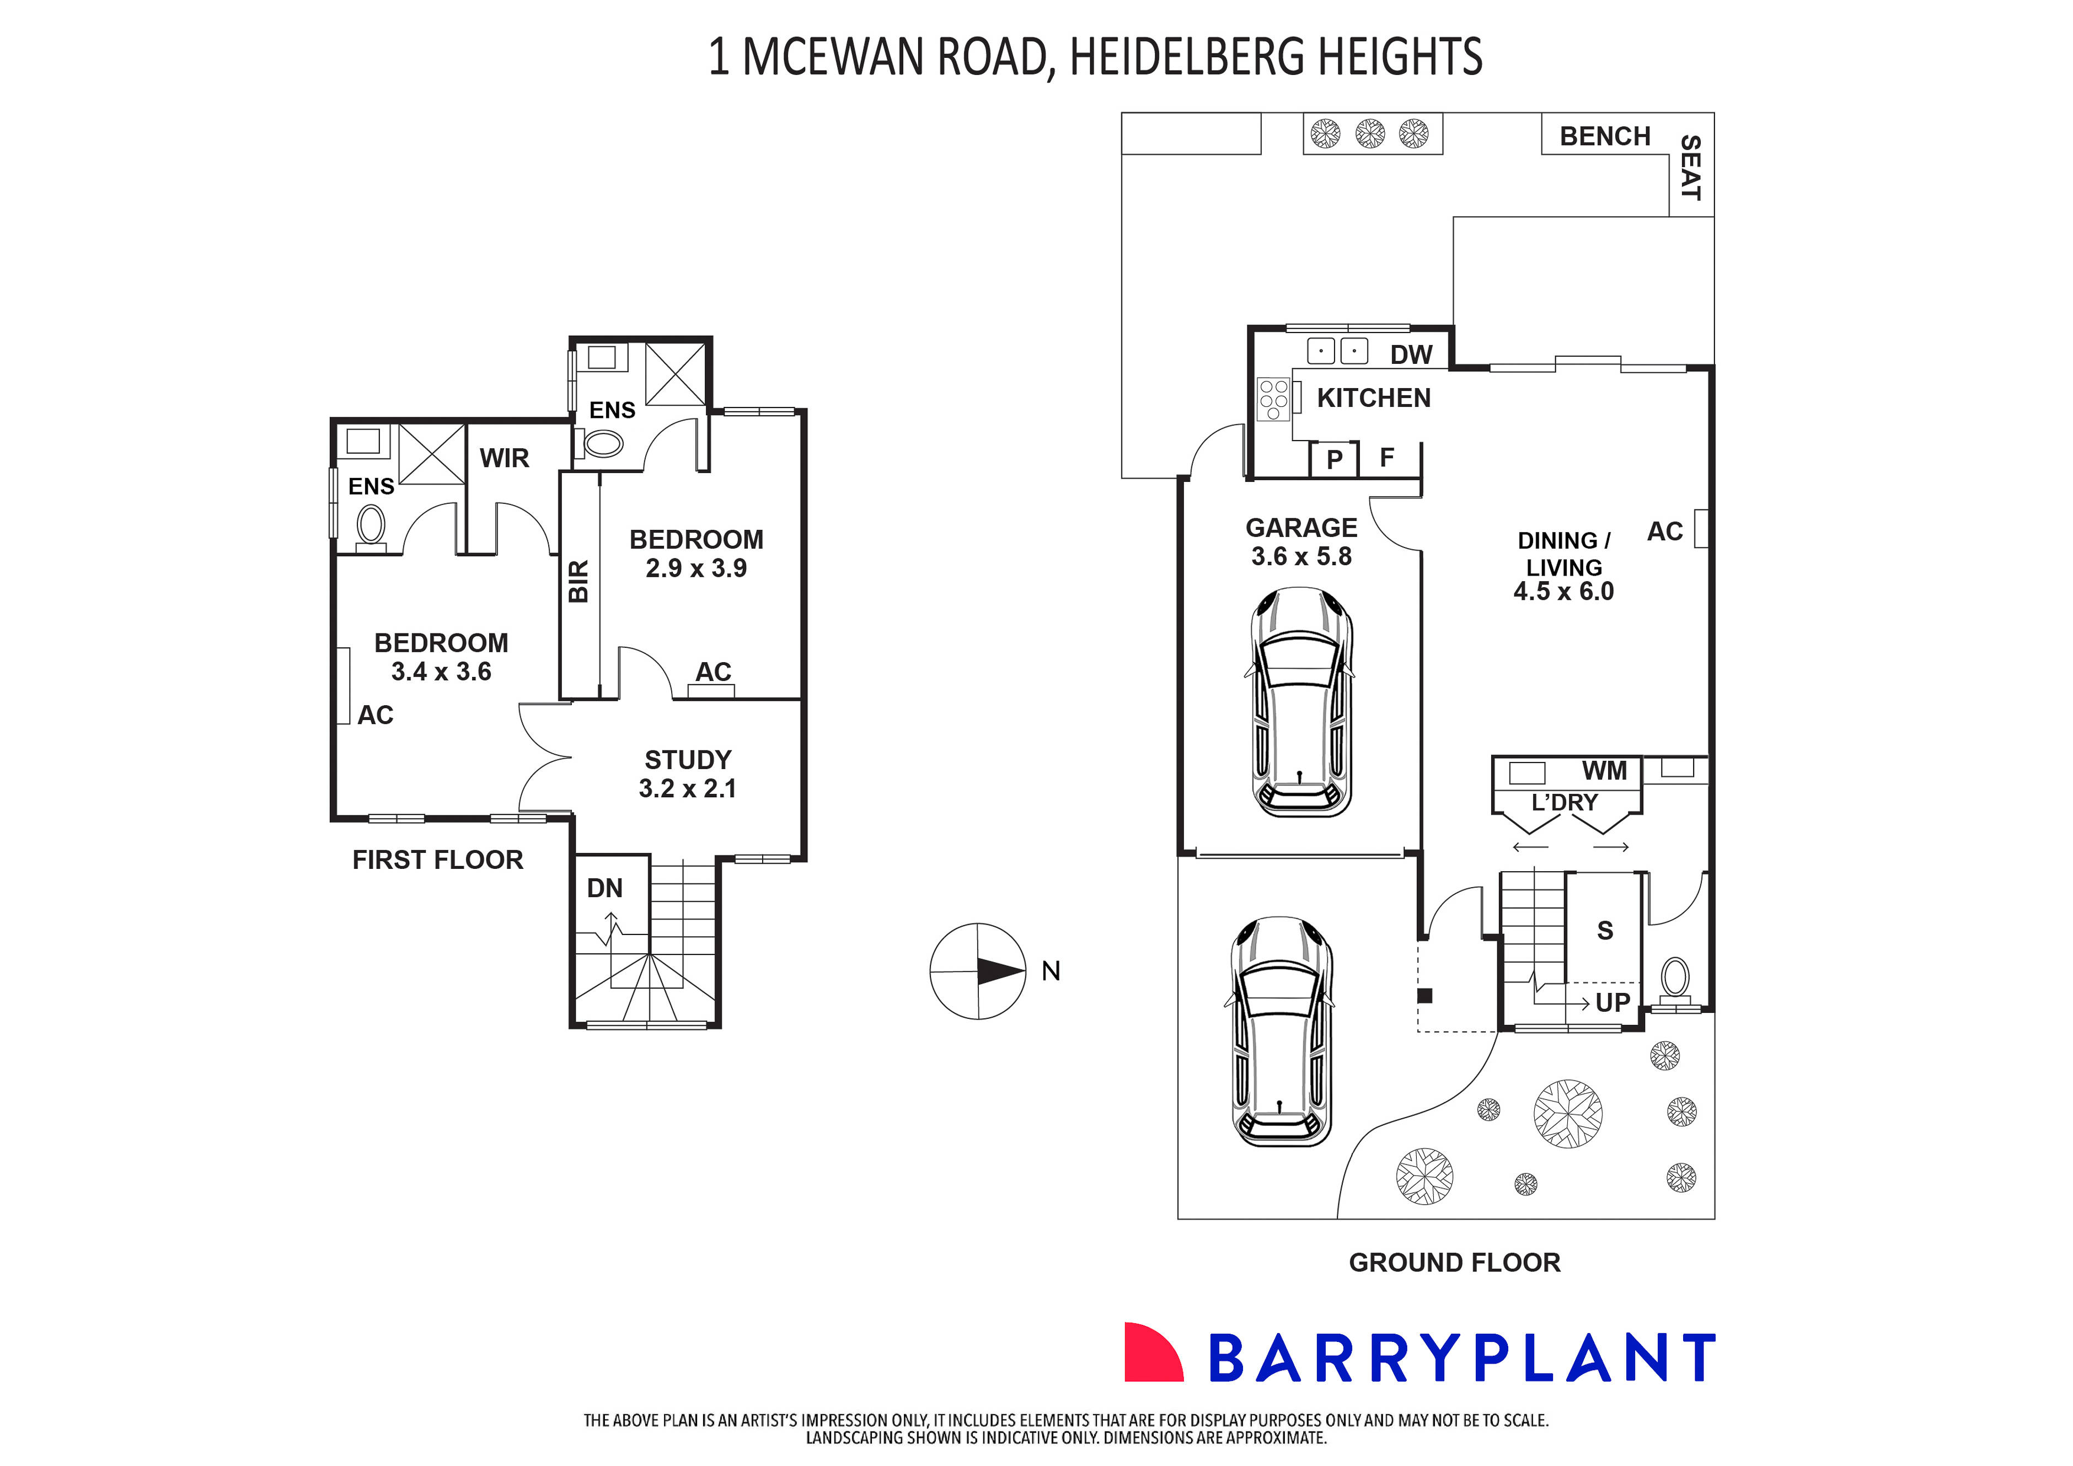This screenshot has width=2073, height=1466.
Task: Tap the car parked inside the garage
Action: point(1301,702)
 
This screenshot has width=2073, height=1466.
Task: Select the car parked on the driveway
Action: point(1281,1032)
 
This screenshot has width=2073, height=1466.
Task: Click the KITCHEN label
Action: point(1373,398)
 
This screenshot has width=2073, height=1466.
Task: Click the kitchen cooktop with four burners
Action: point(1273,400)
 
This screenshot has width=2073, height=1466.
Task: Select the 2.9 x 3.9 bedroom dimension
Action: point(696,569)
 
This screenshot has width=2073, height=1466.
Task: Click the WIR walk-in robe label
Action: point(504,459)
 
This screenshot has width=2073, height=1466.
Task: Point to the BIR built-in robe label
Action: point(578,581)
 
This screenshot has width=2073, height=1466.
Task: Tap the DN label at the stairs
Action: point(604,888)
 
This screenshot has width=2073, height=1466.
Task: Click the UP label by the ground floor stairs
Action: point(1613,1002)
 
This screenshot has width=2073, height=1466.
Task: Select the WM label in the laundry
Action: point(1604,771)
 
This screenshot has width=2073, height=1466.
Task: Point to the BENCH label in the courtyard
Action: point(1604,136)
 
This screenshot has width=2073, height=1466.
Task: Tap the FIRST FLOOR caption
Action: point(438,860)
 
